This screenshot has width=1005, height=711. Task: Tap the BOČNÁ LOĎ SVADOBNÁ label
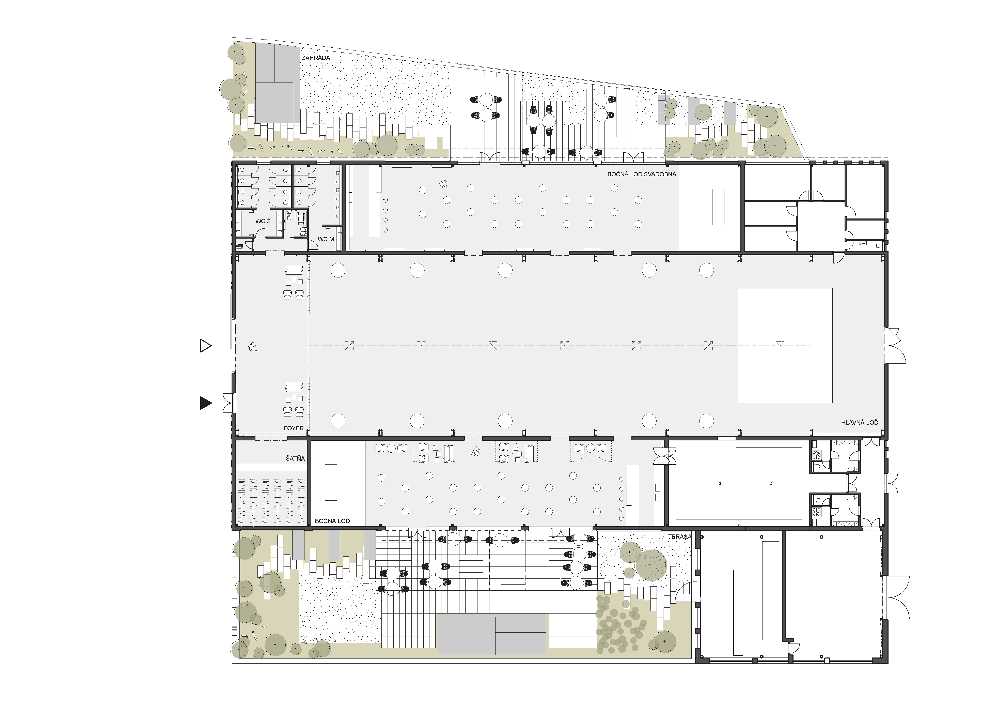tap(642, 174)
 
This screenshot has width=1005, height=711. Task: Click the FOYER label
tap(293, 428)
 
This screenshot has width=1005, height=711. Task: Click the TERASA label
tap(680, 536)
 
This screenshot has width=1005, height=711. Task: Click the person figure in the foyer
tap(253, 347)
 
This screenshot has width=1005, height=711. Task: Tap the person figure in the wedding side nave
tap(444, 184)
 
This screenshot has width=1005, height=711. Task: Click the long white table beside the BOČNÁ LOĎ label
tap(331, 482)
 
